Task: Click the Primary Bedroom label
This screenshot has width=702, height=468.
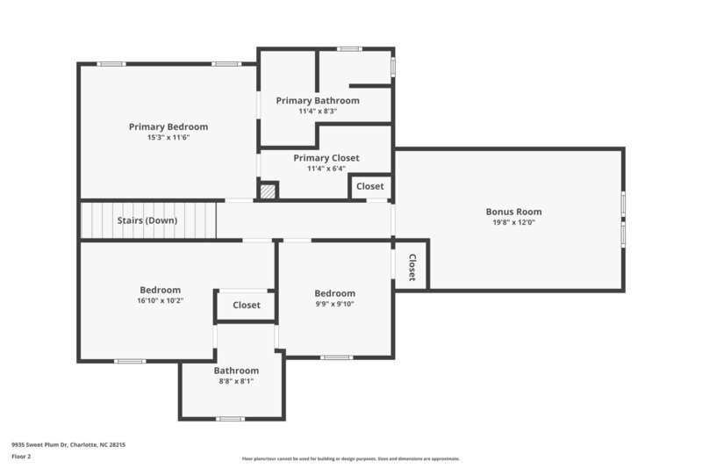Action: coord(168,126)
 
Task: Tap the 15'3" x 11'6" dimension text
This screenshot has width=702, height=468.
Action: coord(168,138)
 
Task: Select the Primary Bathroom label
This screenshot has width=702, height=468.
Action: coord(318,101)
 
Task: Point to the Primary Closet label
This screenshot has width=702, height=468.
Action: coord(326,158)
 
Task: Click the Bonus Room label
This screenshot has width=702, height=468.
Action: coord(513,212)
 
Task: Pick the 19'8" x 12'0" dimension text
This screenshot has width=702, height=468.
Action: coord(513,223)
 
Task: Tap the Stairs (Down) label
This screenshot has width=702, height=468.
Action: coord(147,220)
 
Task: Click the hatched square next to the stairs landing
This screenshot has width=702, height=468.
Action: coord(268,191)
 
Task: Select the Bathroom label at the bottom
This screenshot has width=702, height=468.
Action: coord(236,371)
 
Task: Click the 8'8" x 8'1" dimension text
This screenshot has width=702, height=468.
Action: coord(236,381)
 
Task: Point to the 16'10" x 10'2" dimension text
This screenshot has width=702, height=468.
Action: coord(160,301)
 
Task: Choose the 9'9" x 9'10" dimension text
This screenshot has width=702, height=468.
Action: coord(335,305)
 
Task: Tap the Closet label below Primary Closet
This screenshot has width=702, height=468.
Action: coord(369,186)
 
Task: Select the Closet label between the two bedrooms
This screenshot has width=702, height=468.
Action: coord(247,306)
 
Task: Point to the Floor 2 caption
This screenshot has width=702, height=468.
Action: coord(22,457)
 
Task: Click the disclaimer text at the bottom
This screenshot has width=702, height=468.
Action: coord(350,458)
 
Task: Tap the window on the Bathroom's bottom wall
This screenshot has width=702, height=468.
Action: coord(230,419)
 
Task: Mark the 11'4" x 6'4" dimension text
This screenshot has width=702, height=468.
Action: coord(326,169)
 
